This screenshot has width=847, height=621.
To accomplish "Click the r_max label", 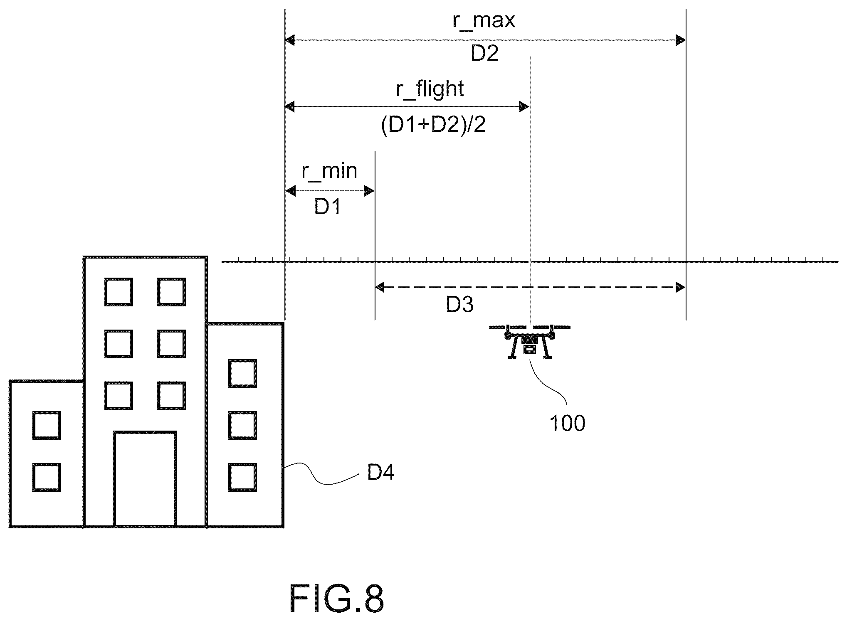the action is [x=484, y=20].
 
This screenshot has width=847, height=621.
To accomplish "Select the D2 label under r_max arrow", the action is [x=484, y=54].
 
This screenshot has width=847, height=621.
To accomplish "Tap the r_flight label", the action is [x=430, y=89].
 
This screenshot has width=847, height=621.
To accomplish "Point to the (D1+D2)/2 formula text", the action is [x=433, y=124].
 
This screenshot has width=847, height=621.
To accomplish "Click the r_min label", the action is [x=329, y=171].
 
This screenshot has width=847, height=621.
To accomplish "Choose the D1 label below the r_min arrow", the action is [x=328, y=207].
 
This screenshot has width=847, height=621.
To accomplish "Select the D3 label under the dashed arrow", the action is [x=459, y=305].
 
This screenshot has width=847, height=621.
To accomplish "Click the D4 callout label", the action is [x=381, y=472].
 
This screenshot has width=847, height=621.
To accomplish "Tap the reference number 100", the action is [x=567, y=424].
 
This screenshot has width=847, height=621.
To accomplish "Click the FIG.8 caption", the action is [x=336, y=599].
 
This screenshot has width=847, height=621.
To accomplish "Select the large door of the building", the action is [x=145, y=479].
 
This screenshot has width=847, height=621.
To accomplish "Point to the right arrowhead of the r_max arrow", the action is [x=680, y=40].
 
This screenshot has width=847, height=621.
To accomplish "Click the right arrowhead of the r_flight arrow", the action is [x=524, y=107].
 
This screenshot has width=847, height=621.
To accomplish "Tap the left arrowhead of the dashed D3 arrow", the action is [x=380, y=287].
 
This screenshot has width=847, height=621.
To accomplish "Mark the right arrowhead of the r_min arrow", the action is [x=369, y=191].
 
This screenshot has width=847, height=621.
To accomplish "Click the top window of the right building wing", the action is [x=242, y=373].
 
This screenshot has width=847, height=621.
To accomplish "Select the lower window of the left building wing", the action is [x=47, y=477].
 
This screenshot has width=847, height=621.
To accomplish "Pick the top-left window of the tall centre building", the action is [x=119, y=292].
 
